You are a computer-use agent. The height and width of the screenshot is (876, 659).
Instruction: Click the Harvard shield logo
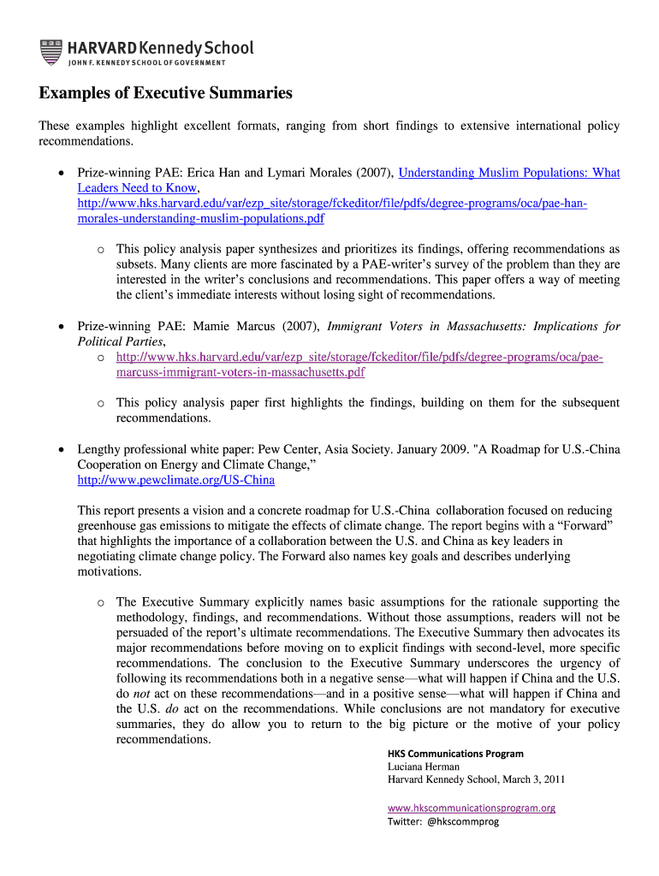[51, 51]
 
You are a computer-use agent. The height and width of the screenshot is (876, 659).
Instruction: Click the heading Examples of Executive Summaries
[165, 93]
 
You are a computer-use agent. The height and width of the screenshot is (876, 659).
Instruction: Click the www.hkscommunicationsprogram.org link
[472, 808]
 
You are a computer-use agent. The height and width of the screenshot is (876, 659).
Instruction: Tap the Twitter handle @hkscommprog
[460, 821]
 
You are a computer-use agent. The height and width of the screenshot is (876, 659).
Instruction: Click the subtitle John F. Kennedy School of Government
[146, 63]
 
